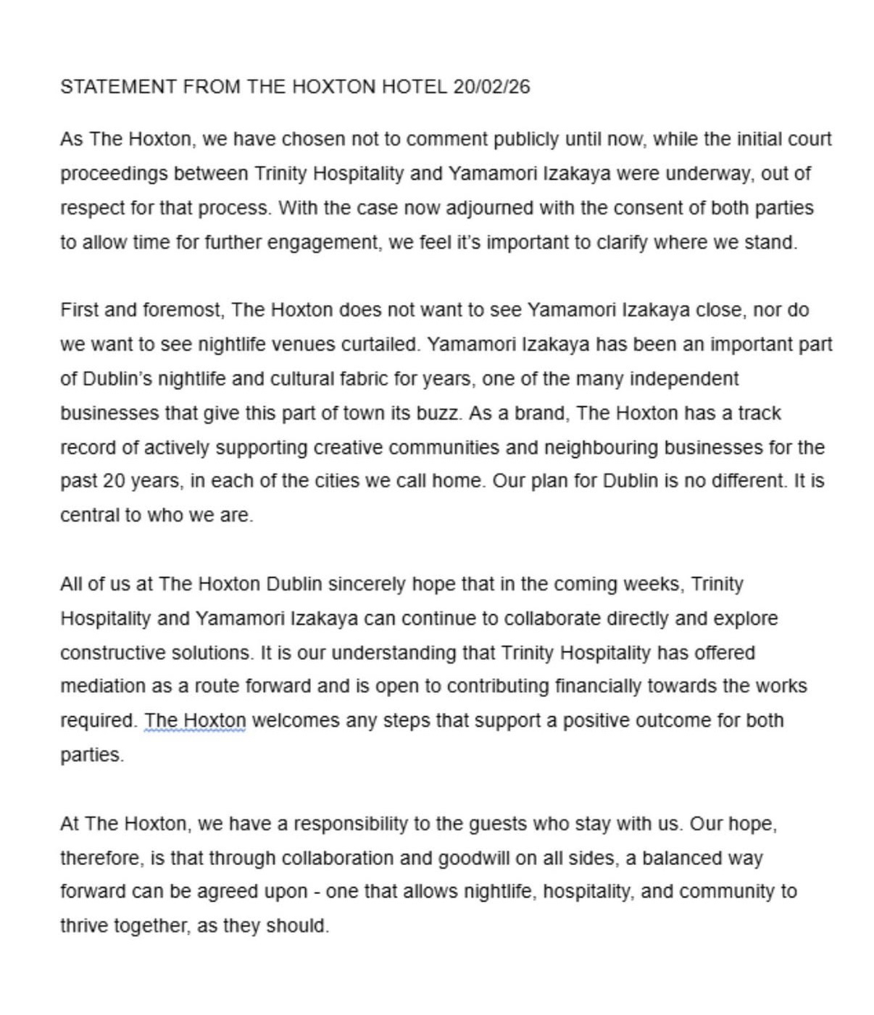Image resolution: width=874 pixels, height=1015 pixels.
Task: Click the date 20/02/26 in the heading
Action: [491, 87]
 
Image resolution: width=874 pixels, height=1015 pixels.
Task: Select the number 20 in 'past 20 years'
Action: [115, 481]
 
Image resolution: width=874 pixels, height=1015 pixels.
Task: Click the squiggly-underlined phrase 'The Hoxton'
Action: [195, 721]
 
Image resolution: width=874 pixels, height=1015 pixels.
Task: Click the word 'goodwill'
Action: [474, 859]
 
